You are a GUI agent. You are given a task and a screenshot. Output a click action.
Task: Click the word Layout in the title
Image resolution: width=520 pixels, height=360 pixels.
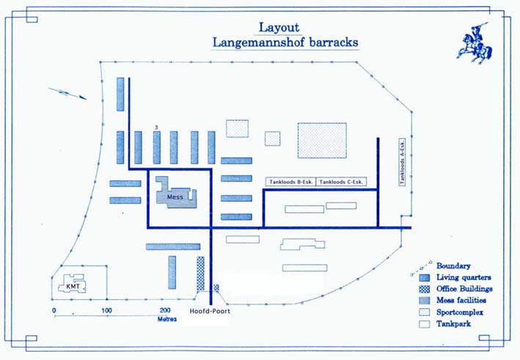(279, 28)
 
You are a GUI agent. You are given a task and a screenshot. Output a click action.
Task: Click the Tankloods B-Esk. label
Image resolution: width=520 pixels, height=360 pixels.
(290, 182)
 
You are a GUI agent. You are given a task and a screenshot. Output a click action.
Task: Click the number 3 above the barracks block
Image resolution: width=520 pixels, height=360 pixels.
(157, 128)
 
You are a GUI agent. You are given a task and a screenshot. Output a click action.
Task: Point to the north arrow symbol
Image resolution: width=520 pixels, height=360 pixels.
(67, 93)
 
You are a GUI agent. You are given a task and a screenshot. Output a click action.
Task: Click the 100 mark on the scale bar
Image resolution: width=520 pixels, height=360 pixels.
(106, 311)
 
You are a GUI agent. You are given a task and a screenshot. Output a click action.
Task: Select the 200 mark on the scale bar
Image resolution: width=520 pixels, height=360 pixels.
(159, 311)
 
